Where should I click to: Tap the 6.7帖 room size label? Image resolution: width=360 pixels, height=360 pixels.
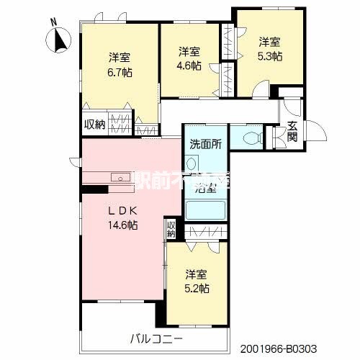click(120, 72)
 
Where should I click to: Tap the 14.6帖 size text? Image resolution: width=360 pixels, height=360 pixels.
click(124, 225)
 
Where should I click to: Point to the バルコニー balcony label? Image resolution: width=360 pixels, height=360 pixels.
click(157, 338)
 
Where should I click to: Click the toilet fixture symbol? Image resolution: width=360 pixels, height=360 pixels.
click(251, 137)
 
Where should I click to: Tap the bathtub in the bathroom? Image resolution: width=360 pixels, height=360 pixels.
click(206, 210)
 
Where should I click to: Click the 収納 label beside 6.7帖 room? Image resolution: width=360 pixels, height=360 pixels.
click(94, 124)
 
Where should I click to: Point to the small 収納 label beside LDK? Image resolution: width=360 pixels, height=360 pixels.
click(171, 229)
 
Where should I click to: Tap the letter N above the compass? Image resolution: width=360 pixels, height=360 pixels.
click(53, 22)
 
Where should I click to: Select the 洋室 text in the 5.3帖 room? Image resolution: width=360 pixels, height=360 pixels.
click(270, 41)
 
